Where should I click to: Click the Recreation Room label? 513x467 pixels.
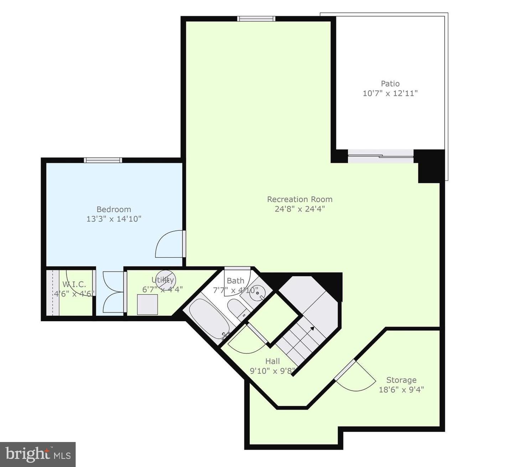(300, 199)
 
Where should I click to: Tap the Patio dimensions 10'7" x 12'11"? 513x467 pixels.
(390, 93)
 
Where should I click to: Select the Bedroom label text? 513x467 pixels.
(114, 209)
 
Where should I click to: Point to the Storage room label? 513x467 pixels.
(401, 380)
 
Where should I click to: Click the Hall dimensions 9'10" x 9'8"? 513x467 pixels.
(273, 371)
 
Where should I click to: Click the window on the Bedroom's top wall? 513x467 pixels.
(103, 160)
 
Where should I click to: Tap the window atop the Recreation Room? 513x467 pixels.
(256, 19)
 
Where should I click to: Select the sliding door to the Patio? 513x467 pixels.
(380, 156)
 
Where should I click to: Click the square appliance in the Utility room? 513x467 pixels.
(147, 305)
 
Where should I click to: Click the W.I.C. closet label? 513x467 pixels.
(74, 284)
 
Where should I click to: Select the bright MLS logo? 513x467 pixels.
(38, 454)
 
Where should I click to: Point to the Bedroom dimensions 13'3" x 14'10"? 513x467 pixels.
(114, 219)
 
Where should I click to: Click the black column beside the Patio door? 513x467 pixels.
(429, 166)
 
